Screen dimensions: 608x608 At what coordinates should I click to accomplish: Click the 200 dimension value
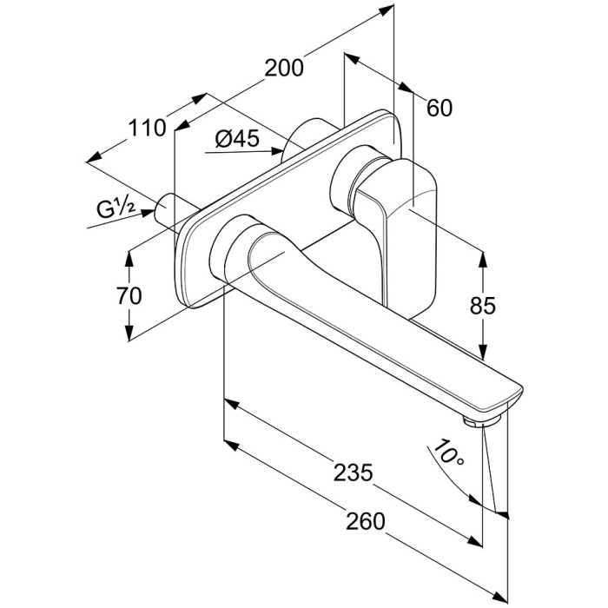[x=284, y=68]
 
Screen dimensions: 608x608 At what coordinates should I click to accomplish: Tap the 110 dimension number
[x=147, y=129]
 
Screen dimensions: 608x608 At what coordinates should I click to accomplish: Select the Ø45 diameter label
[x=235, y=138]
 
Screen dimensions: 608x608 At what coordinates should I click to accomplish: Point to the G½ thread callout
[x=114, y=208]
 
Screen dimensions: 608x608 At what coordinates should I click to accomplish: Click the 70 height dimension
[x=128, y=296]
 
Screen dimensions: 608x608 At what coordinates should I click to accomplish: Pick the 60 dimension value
[x=439, y=108]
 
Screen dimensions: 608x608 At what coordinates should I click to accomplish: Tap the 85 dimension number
[x=482, y=305]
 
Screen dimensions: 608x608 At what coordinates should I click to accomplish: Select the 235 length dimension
[x=353, y=473]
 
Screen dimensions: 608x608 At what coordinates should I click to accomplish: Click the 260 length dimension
[x=365, y=522]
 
